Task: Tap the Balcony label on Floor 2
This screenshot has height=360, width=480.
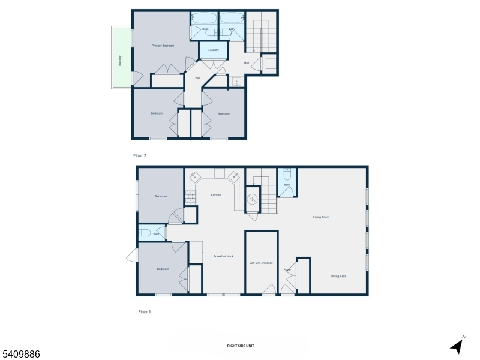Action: click(x=120, y=61)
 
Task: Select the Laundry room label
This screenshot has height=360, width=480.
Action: click(x=214, y=50)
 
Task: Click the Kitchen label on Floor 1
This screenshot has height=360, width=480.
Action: click(x=216, y=195)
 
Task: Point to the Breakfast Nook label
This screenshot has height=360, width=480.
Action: click(x=223, y=256)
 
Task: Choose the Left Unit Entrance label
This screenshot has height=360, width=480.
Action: click(x=261, y=263)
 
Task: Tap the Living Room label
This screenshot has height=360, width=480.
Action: click(x=321, y=217)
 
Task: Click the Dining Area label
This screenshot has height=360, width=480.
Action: click(x=338, y=276)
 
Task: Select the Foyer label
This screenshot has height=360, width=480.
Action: click(x=287, y=270)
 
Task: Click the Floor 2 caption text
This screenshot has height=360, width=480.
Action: click(x=139, y=155)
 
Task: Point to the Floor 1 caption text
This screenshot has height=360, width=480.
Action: click(x=144, y=311)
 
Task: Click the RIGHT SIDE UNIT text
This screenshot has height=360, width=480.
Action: click(x=239, y=346)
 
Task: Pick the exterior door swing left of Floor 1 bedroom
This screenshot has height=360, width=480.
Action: click(x=132, y=257)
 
